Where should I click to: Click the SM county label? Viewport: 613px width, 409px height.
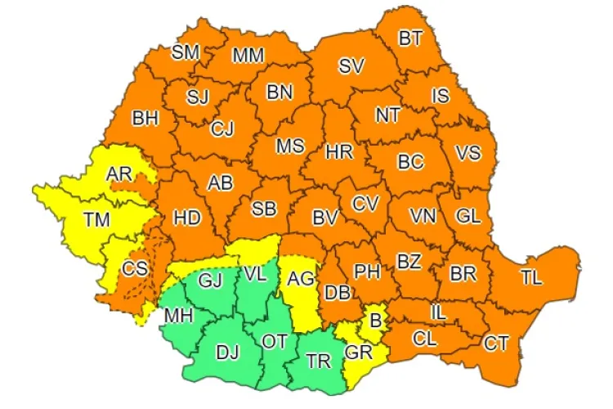[x=186, y=53]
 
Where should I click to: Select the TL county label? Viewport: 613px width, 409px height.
[x=531, y=277]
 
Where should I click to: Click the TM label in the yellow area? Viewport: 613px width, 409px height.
[x=96, y=218]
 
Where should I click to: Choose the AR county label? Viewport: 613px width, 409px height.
[x=121, y=173]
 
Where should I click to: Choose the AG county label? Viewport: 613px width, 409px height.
[x=301, y=279]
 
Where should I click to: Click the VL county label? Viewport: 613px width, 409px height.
[x=254, y=276]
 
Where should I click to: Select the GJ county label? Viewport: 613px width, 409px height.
[x=211, y=281]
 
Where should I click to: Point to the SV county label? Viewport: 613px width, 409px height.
[x=351, y=67]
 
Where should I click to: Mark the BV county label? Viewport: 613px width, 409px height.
[x=325, y=218]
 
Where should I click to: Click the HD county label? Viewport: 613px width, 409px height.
[x=187, y=218]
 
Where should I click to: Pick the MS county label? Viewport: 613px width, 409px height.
[x=289, y=146]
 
